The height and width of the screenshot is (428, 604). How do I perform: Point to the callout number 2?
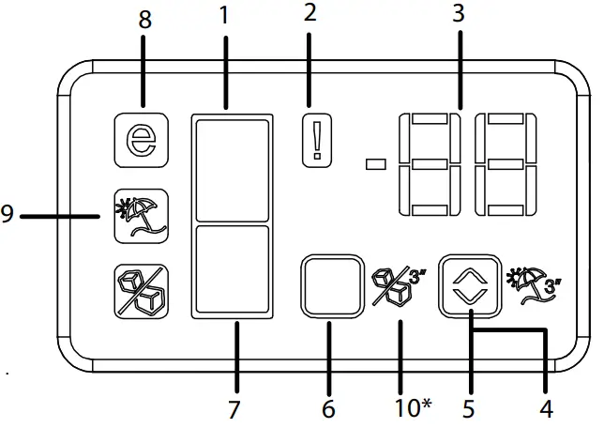pyautogui.click(x=310, y=14)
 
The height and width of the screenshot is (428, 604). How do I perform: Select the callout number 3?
pyautogui.click(x=460, y=15)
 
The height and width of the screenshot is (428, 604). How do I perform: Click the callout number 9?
pyautogui.click(x=8, y=216)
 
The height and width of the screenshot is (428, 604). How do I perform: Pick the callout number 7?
pyautogui.click(x=234, y=409)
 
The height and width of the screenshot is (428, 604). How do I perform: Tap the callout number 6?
pyautogui.click(x=329, y=409)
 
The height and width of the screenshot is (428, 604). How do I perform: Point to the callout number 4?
pyautogui.click(x=545, y=409)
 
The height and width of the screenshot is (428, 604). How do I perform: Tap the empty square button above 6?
pyautogui.click(x=330, y=287)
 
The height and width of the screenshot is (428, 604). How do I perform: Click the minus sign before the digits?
pyautogui.click(x=376, y=164)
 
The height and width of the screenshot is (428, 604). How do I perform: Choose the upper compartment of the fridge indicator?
pyautogui.click(x=232, y=168)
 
